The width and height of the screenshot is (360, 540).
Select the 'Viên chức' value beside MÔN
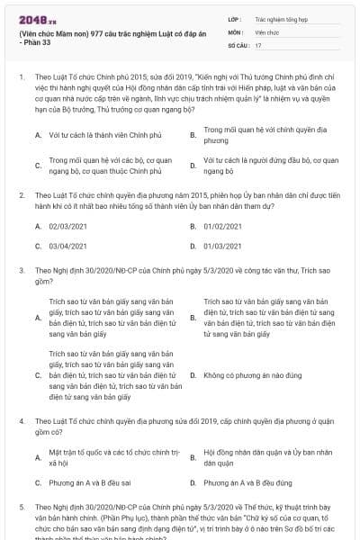(x=267, y=31)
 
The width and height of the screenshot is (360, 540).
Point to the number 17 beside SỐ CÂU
(x=258, y=44)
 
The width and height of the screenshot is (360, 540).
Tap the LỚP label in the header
(x=235, y=17)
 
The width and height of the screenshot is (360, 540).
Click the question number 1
(x=22, y=78)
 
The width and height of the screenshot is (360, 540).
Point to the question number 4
(x=22, y=420)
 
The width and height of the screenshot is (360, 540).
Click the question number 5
(x=22, y=508)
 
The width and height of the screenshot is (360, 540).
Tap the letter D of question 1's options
(x=193, y=165)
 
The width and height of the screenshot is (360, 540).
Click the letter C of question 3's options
(x=38, y=375)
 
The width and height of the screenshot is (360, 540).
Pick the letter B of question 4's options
(x=193, y=457)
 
